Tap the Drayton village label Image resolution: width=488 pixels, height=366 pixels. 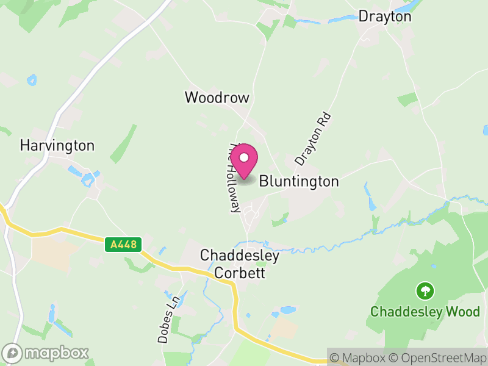[x=385, y=16]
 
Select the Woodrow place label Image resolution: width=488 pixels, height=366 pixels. [x=217, y=97]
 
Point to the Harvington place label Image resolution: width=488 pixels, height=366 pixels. [x=57, y=145]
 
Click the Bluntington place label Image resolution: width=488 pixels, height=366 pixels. [x=299, y=181]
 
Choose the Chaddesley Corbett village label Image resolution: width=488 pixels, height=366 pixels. [x=240, y=264]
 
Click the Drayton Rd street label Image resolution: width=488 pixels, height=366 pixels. [x=313, y=138]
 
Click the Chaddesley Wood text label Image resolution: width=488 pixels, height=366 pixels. [x=425, y=311]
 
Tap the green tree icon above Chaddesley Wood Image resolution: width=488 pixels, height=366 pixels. [x=425, y=290]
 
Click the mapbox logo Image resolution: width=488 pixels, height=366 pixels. [x=46, y=353]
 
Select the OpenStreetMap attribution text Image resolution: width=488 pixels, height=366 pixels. [x=439, y=357]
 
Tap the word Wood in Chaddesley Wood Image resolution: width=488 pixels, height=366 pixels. [x=464, y=311]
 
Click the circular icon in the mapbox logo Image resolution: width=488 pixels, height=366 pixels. [x=12, y=353]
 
